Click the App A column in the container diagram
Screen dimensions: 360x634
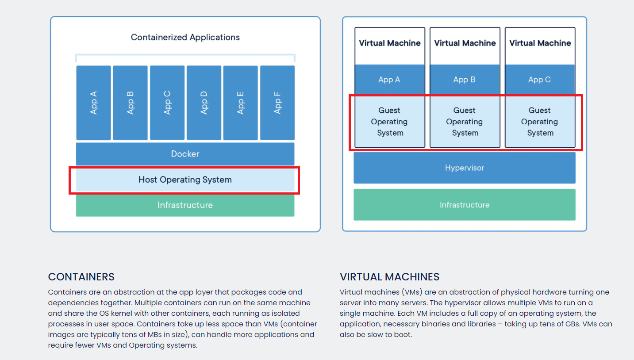point(93,103)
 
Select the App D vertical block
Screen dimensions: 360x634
point(204,103)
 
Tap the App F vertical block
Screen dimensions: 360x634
point(277,103)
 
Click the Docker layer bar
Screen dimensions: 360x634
point(185,154)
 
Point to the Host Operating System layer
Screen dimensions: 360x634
point(185,180)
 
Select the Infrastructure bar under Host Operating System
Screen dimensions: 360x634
point(185,205)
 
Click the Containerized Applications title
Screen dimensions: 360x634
point(185,38)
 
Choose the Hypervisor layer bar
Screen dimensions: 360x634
point(464,168)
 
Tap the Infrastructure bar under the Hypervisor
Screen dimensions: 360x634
point(464,205)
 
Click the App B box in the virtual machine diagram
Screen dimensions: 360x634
point(465,80)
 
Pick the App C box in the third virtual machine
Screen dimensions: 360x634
point(540,80)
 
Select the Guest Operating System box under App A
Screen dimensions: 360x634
point(390,122)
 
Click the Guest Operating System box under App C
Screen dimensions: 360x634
point(540,122)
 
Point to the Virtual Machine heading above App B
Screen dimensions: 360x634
point(465,43)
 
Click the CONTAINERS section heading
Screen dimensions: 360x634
point(81,277)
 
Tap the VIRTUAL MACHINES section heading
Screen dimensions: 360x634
point(389,277)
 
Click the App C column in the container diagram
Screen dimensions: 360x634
point(167,103)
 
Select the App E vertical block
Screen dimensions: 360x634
point(240,103)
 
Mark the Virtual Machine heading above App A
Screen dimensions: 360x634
point(390,43)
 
